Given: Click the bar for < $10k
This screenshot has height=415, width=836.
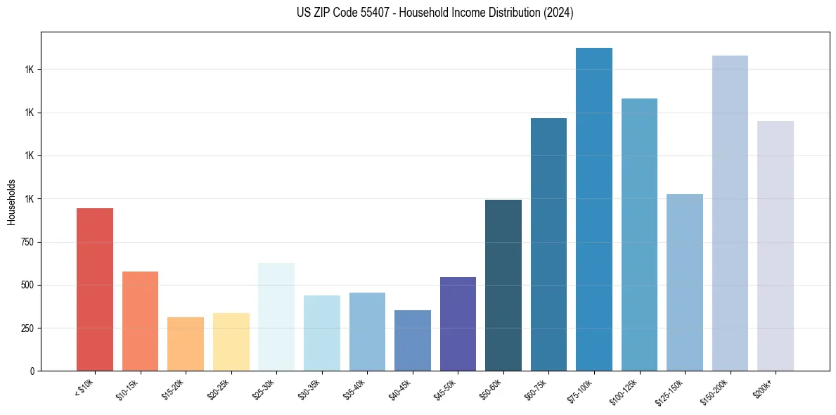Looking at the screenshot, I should (x=95, y=289).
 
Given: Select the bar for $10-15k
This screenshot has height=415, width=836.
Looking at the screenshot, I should (x=140, y=321).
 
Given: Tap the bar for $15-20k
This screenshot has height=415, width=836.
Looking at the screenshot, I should (x=186, y=344).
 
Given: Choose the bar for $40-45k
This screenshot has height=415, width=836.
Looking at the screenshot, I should (x=412, y=340).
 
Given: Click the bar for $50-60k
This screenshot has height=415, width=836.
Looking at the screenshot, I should (x=503, y=285).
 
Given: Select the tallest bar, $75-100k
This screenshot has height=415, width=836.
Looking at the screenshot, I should (x=594, y=209).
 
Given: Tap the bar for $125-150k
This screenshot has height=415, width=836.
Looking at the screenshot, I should (x=685, y=282).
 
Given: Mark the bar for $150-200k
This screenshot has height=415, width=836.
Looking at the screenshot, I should (x=730, y=213).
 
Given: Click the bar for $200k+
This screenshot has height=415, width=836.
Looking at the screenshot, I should (x=776, y=245).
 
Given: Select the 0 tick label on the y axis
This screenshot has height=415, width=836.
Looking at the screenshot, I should (x=32, y=371).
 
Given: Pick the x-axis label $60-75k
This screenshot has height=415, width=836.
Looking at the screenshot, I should (x=539, y=389).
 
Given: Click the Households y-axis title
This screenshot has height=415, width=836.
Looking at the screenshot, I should (x=11, y=202).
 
